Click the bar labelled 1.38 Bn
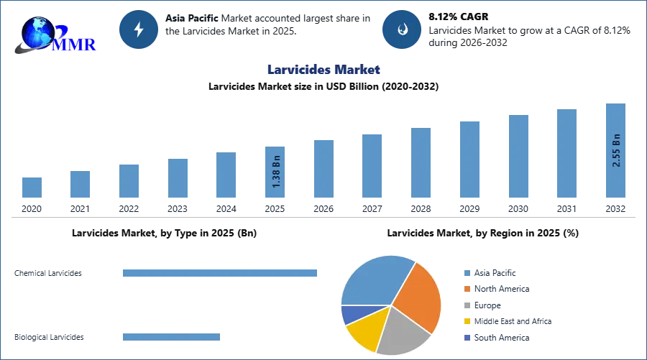pyautogui.click(x=276, y=172)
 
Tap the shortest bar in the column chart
pyautogui.click(x=32, y=186)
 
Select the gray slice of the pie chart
pyautogui.click(x=402, y=331)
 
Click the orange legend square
pyautogui.click(x=467, y=288)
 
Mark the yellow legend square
pyautogui.click(x=467, y=321)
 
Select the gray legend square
pyautogui.click(x=467, y=305)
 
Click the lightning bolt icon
pyautogui.click(x=139, y=29)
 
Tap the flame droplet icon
pyautogui.click(x=403, y=29)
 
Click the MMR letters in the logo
pyautogui.click(x=77, y=45)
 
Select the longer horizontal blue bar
pyautogui.click(x=221, y=273)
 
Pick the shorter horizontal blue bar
pyautogui.click(x=173, y=338)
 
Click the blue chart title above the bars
pyautogui.click(x=323, y=70)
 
